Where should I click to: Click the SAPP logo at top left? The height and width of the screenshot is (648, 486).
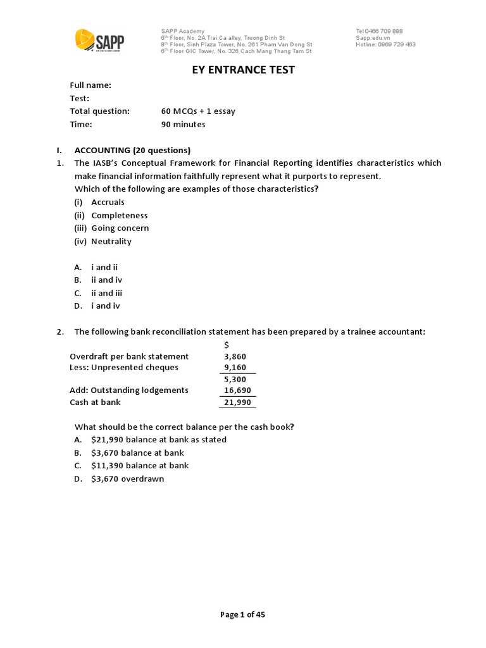[x=99, y=41]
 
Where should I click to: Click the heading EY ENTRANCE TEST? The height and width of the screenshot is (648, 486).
[x=244, y=70]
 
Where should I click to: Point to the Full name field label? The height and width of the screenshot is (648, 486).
[x=90, y=85]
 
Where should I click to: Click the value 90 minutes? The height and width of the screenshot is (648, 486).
[x=184, y=124]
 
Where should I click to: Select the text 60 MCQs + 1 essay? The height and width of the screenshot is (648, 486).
[x=198, y=111]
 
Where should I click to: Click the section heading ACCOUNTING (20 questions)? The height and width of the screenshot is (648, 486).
[x=132, y=150]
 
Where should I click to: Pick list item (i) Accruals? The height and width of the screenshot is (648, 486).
[x=99, y=202]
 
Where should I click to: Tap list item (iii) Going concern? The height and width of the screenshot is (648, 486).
[x=111, y=228]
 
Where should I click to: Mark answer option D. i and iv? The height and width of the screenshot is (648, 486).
[x=97, y=306]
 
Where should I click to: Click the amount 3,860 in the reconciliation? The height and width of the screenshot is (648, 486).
[x=235, y=356]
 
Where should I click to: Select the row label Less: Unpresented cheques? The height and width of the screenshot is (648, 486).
[x=124, y=368]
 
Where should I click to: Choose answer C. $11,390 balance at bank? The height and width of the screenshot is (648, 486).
[x=132, y=465]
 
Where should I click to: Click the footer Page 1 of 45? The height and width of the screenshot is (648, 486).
[x=242, y=614]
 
